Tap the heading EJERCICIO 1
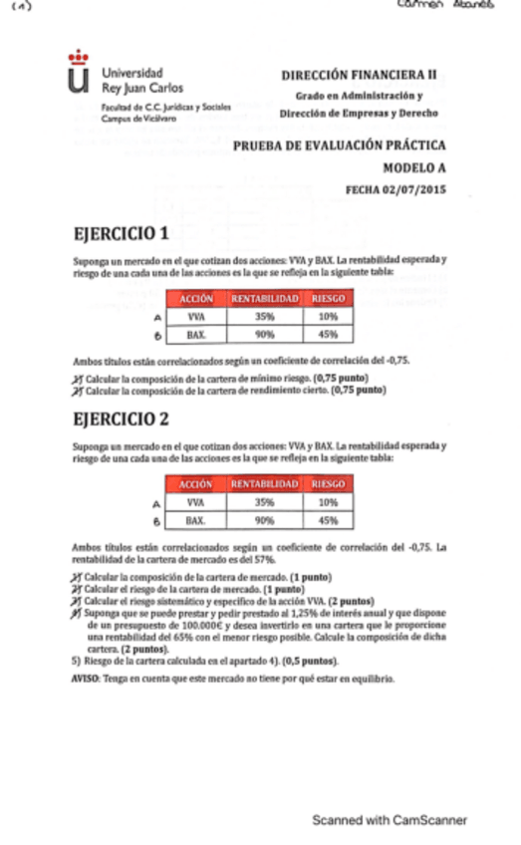point(121,234)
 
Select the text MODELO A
point(414,169)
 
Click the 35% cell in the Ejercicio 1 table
point(264,316)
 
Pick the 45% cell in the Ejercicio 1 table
point(328,335)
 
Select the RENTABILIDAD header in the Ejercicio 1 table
point(264,298)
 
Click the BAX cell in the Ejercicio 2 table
point(195,519)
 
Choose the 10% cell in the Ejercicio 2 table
point(328,501)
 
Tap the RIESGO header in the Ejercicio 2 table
point(328,483)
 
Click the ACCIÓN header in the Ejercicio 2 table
point(195,483)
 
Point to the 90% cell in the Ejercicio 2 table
point(264,519)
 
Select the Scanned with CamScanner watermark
point(390,820)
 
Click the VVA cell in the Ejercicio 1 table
point(195,316)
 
